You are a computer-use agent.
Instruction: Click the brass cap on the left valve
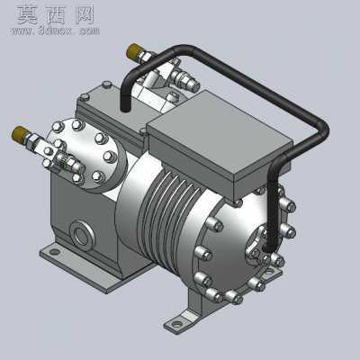coord(19,133)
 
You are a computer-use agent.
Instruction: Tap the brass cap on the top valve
coord(133,51)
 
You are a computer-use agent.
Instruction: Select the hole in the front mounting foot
coord(177,324)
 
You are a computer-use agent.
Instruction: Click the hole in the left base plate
coord(54,251)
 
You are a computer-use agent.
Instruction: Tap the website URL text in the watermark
coord(55,31)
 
